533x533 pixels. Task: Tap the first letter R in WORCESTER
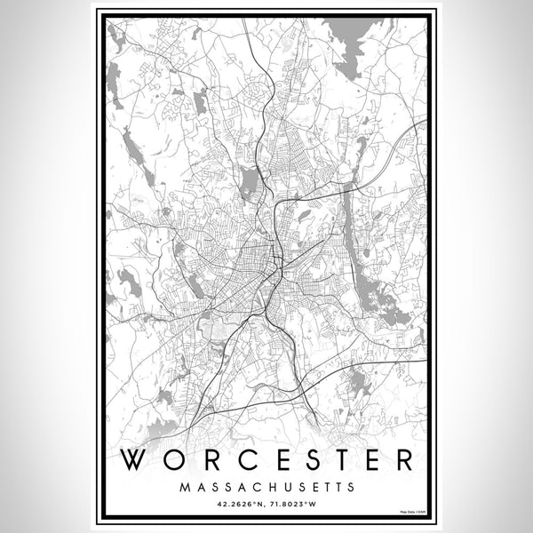(199, 460)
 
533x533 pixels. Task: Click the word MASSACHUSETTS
(266, 487)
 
